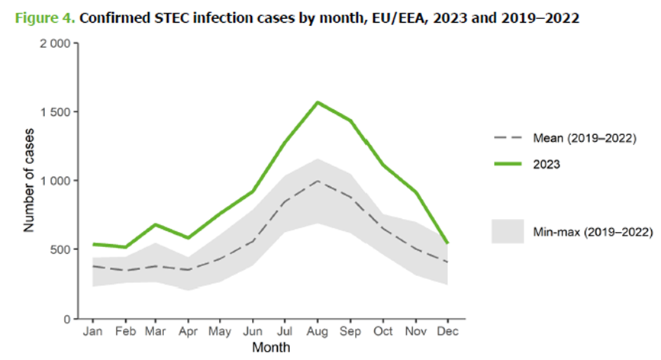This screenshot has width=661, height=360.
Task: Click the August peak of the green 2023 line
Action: (x=317, y=102)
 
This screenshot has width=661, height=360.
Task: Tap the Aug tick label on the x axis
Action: (x=317, y=332)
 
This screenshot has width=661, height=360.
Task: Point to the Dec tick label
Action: (x=446, y=332)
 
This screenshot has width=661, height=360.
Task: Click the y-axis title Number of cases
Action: (x=29, y=180)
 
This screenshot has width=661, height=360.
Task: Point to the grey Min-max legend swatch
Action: (x=508, y=231)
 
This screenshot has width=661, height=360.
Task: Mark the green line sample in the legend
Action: (x=508, y=163)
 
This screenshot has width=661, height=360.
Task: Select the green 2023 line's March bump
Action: (x=156, y=225)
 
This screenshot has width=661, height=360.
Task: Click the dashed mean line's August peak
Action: (x=317, y=181)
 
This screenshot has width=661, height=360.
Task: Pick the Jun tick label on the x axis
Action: (x=252, y=332)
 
